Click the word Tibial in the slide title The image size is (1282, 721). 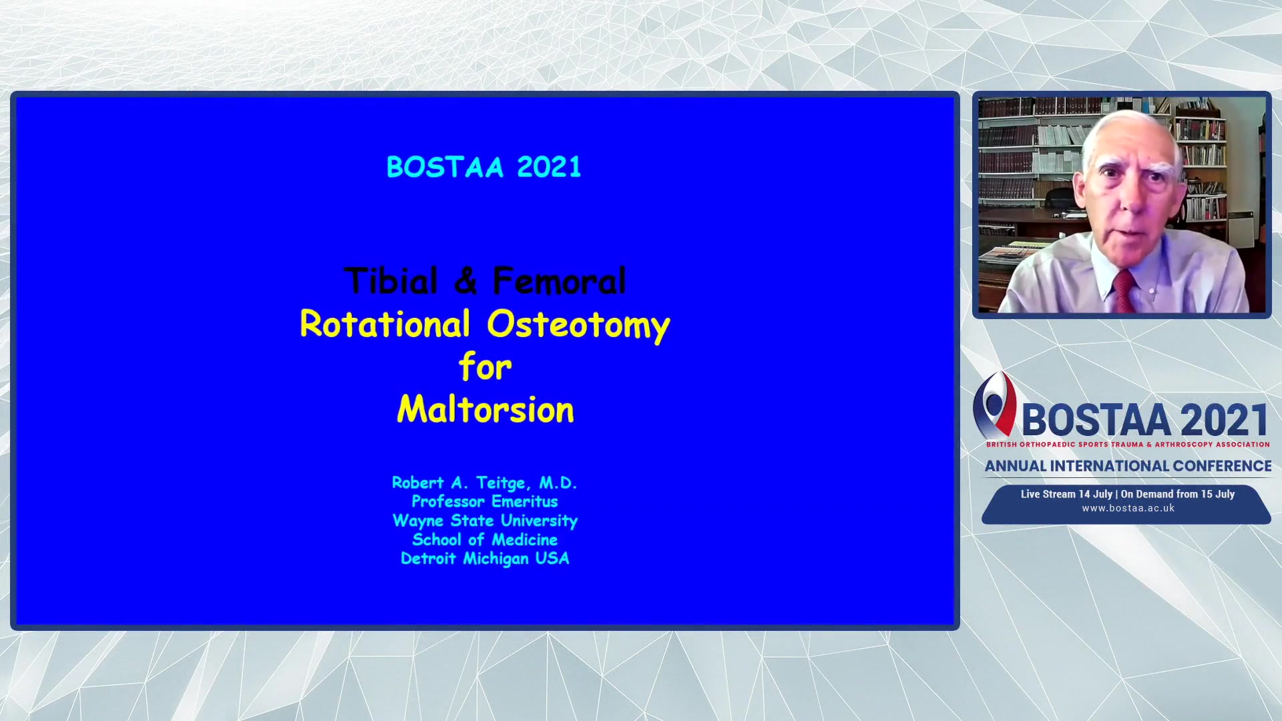(x=391, y=280)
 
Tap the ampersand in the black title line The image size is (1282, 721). (x=466, y=280)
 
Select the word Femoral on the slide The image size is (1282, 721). (x=560, y=280)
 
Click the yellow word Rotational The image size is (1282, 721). (x=385, y=324)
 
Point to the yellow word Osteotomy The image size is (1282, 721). (x=578, y=326)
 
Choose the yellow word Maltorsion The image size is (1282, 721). (x=485, y=409)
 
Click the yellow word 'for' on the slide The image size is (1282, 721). (x=485, y=367)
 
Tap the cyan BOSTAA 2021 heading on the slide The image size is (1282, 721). (x=484, y=167)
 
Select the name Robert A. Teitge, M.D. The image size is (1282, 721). (x=485, y=483)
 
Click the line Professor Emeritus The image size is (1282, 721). (x=485, y=501)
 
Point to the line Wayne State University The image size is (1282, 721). (x=485, y=521)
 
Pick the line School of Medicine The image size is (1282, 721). (x=485, y=539)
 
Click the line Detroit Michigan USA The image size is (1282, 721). (x=485, y=559)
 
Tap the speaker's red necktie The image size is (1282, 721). (x=1123, y=291)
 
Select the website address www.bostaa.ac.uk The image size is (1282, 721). (x=1128, y=508)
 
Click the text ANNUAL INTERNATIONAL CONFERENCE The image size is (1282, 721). (x=1128, y=466)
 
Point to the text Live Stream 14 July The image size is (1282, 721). (x=1066, y=494)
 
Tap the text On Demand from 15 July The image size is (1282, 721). (x=1178, y=494)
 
